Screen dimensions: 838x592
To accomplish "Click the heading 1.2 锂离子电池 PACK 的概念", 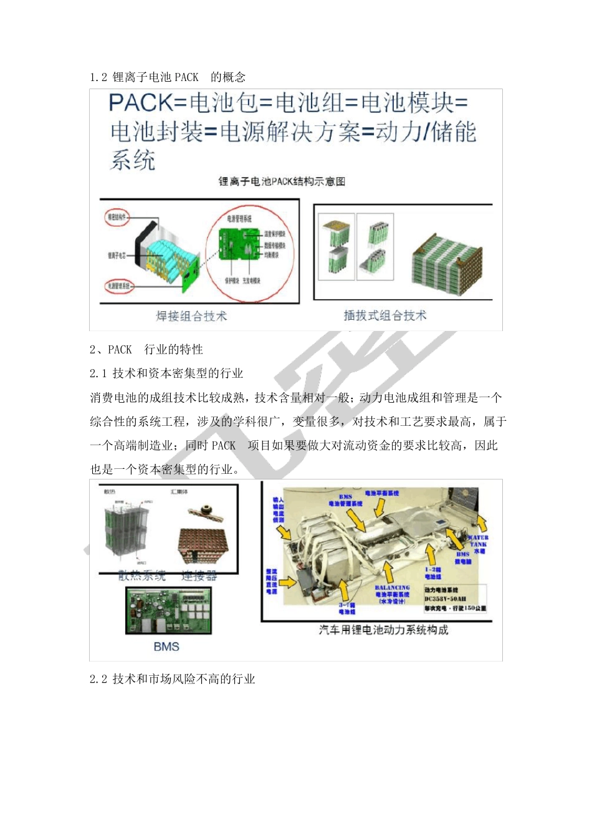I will pyautogui.click(x=168, y=77).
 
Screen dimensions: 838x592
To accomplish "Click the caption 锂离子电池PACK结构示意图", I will pyautogui.click(x=282, y=181).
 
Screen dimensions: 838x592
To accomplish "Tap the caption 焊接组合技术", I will pyautogui.click(x=191, y=316).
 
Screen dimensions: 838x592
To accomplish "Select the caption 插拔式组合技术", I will pyautogui.click(x=385, y=315).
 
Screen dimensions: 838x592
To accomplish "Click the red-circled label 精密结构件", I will pyautogui.click(x=117, y=217).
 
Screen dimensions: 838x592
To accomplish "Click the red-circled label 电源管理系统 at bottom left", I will pyautogui.click(x=118, y=286).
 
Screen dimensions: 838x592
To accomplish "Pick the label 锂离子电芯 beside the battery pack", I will pyautogui.click(x=117, y=255).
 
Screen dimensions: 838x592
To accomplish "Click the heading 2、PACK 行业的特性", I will pyautogui.click(x=146, y=350).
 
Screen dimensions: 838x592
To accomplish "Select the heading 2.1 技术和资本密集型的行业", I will pyautogui.click(x=166, y=373).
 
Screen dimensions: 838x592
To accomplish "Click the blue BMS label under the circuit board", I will pyautogui.click(x=166, y=647).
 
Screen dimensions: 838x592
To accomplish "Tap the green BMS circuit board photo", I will pyautogui.click(x=168, y=611).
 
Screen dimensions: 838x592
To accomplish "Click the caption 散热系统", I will pyautogui.click(x=142, y=576).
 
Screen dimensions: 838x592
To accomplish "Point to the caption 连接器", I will pyautogui.click(x=199, y=576).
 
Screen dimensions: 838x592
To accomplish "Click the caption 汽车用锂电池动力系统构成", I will pyautogui.click(x=383, y=630).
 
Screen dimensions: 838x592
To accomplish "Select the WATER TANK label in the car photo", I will pyautogui.click(x=478, y=541).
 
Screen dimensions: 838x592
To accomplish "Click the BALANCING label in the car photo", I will pyautogui.click(x=392, y=588).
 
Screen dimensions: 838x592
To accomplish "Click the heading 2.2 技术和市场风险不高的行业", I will pyautogui.click(x=173, y=679).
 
